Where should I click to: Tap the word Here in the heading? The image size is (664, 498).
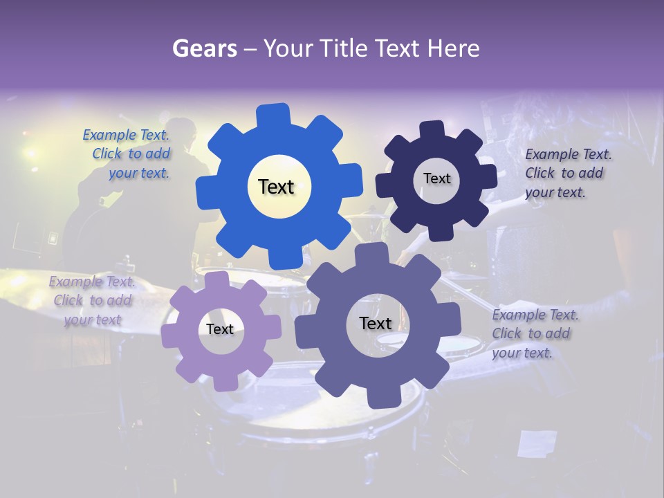tap(453, 48)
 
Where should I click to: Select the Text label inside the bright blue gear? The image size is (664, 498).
tap(276, 187)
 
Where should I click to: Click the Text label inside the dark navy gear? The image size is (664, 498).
tap(436, 178)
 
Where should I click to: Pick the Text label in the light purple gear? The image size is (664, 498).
tap(220, 329)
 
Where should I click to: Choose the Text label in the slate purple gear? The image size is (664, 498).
tap(376, 323)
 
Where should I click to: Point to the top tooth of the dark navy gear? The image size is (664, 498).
tap(432, 130)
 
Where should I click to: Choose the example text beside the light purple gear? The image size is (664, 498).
tap(91, 300)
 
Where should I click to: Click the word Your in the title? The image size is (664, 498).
tap(288, 48)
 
